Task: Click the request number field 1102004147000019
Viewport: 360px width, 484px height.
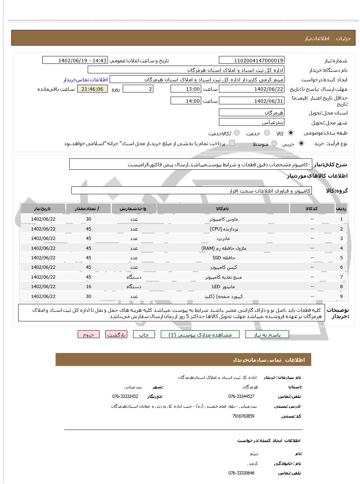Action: [x=251, y=61]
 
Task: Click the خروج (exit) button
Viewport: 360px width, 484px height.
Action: [x=89, y=334]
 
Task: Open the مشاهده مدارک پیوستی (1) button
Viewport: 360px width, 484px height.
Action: [x=200, y=334]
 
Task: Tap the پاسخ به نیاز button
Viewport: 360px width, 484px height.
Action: [x=267, y=334]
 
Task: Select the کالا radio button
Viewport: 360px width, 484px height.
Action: [x=291, y=133]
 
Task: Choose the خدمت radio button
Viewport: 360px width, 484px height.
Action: [x=267, y=133]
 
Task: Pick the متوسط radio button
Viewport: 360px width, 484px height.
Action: [x=274, y=144]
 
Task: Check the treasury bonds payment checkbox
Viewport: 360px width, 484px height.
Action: [x=232, y=143]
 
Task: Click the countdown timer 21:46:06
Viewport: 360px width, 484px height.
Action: [x=93, y=89]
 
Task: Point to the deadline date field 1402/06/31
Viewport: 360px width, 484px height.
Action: [x=251, y=101]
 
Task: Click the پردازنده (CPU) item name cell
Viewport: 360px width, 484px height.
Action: [x=223, y=229]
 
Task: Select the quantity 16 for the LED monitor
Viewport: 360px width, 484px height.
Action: [x=89, y=287]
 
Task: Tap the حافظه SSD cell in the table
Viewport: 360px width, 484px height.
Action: [x=223, y=258]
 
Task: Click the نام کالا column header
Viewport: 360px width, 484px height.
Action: [x=223, y=209]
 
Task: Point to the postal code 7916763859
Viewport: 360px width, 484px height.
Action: [x=243, y=416]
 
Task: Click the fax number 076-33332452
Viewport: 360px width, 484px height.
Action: [x=125, y=396]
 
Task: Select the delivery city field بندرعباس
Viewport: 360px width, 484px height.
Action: [x=251, y=123]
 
